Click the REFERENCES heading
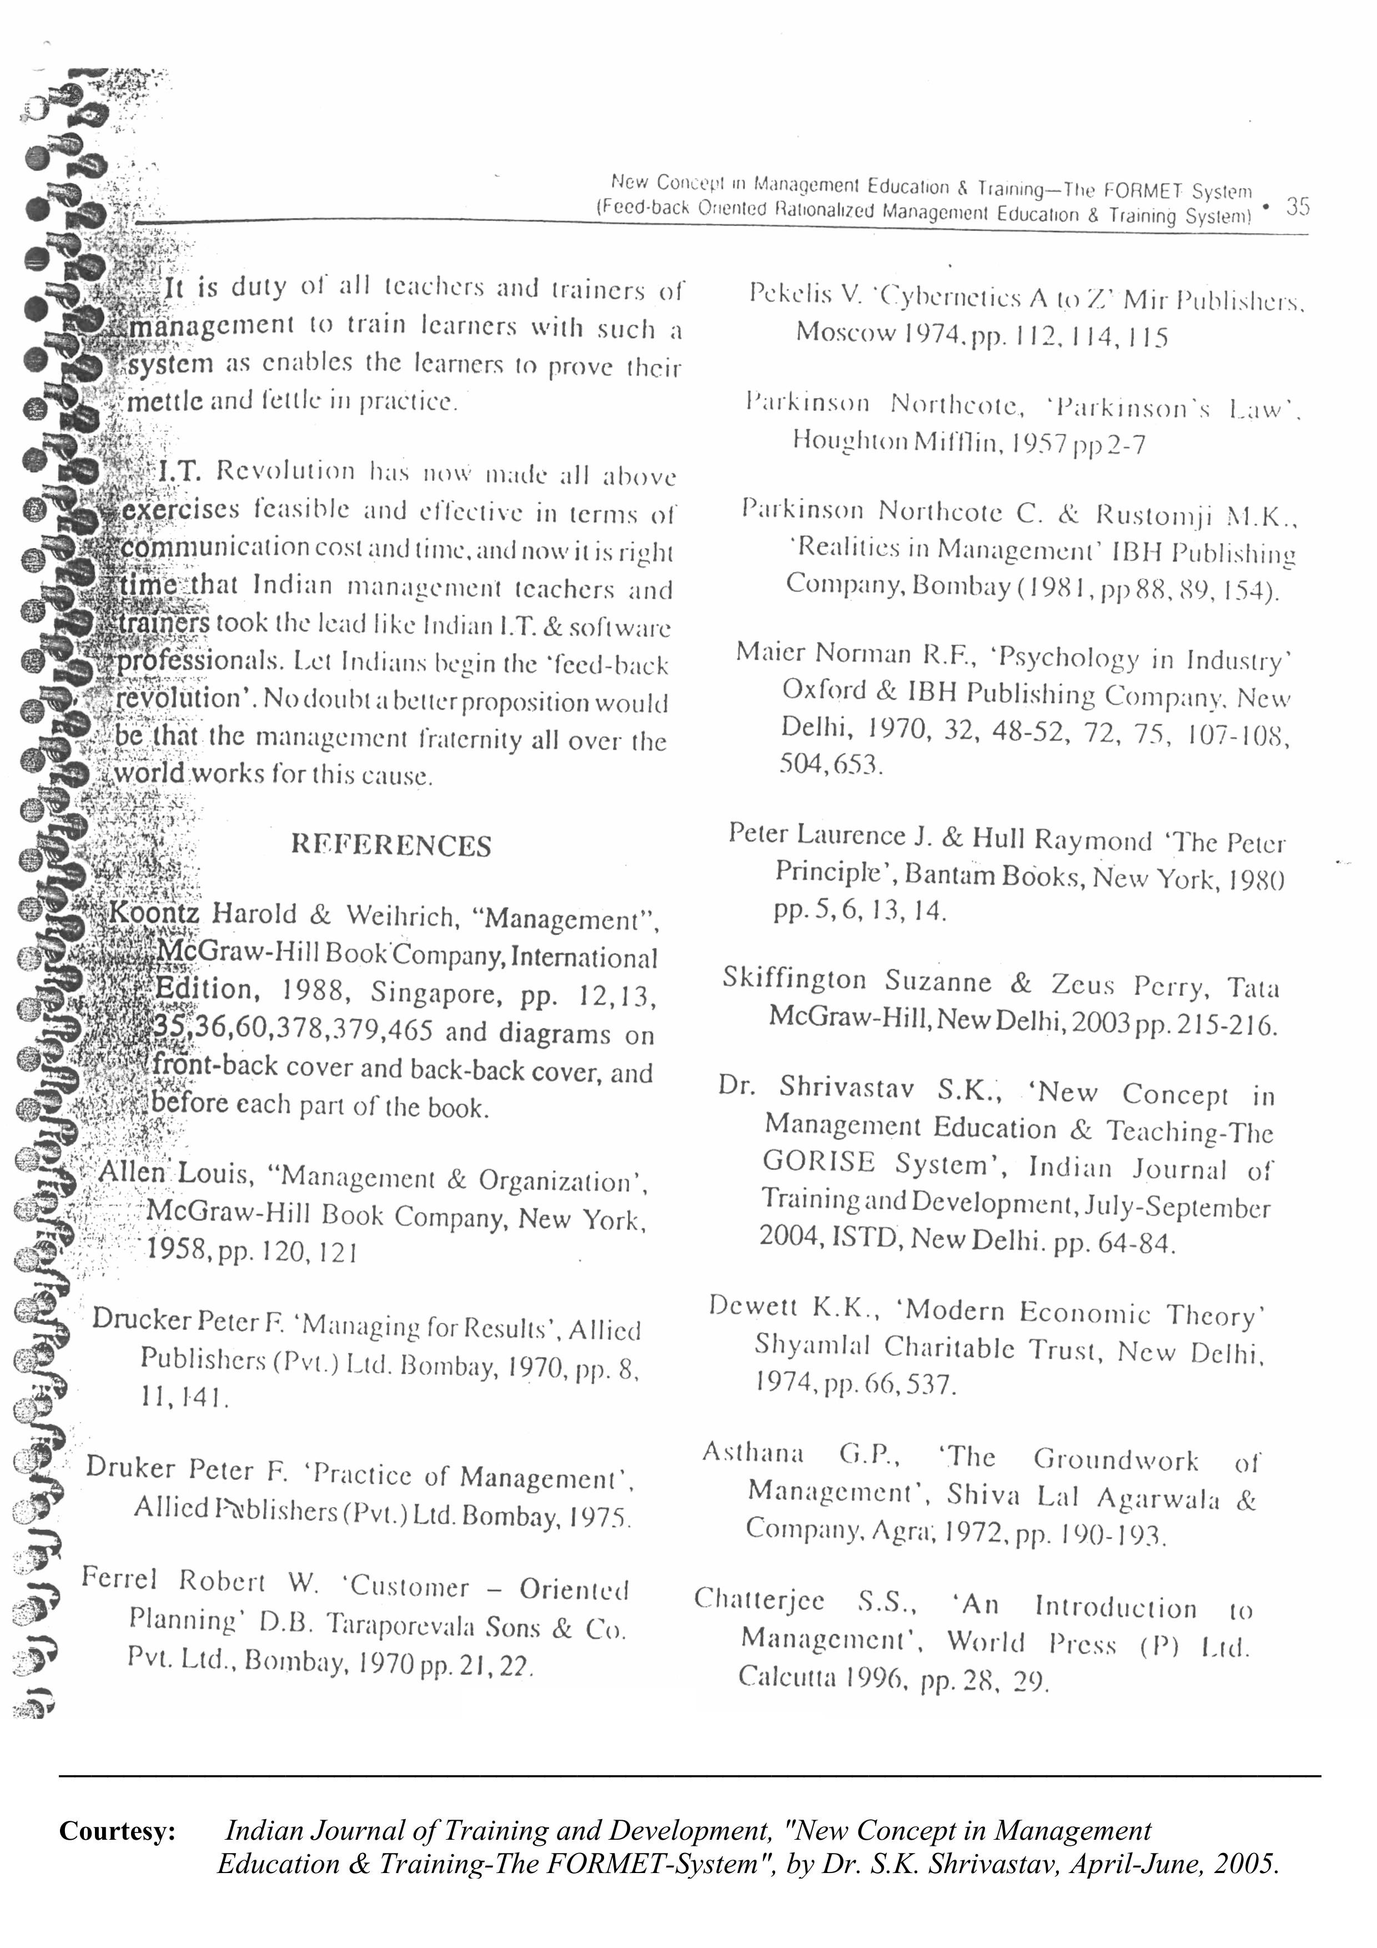390,845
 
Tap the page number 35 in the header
1297,205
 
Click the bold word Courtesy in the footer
117,1830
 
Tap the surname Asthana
752,1453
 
